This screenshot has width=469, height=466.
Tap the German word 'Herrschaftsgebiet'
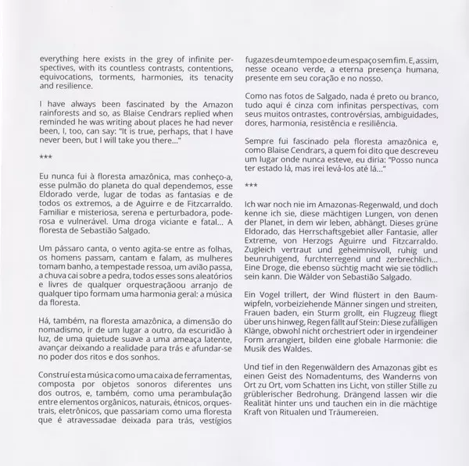point(336,231)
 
